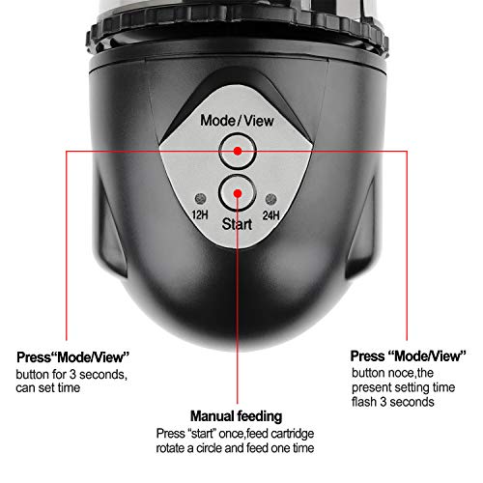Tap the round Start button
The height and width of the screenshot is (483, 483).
235,191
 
